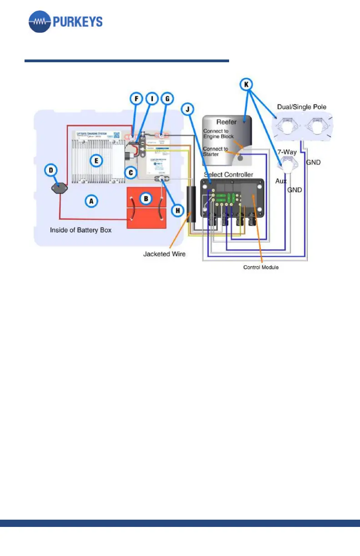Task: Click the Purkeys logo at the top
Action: pos(65,21)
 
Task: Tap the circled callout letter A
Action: pos(91,201)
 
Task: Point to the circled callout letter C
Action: pos(131,173)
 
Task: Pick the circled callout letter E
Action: pos(95,159)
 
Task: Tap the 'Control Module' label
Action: pos(261,268)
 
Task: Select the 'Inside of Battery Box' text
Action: pos(81,230)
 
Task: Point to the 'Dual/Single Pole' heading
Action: pos(301,107)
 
